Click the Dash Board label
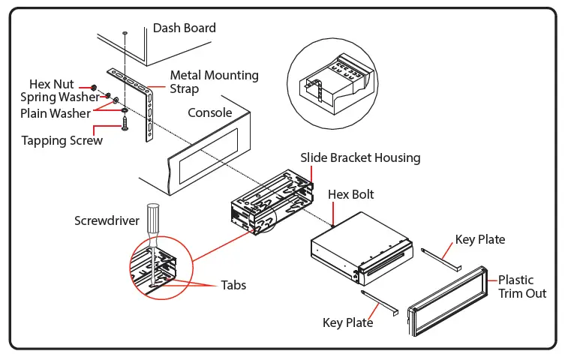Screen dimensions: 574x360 point(184,28)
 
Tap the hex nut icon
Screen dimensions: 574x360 point(94,88)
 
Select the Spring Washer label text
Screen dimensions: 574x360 point(60,97)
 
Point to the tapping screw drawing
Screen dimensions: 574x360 point(125,123)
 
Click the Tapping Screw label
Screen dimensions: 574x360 point(62,140)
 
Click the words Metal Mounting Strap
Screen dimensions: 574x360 point(214,82)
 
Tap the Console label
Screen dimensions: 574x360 point(210,112)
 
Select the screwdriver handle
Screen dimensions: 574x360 point(153,219)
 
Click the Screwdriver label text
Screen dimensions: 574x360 point(107,220)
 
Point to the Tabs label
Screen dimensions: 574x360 point(233,285)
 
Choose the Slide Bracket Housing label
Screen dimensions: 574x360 point(360,158)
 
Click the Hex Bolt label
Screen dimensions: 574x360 point(350,194)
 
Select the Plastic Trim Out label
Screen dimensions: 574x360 point(522,286)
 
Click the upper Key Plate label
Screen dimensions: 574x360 point(480,240)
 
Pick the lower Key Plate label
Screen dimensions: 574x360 point(347,322)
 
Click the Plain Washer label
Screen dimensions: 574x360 point(56,113)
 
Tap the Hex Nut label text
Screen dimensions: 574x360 point(52,84)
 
